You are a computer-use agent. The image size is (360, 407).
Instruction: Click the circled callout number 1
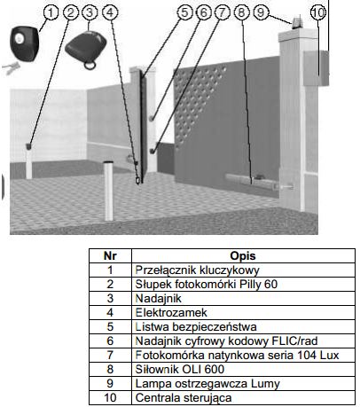tap(51, 13)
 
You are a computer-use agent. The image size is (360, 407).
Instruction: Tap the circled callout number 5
tap(184, 12)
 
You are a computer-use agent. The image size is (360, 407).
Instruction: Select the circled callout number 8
tap(241, 12)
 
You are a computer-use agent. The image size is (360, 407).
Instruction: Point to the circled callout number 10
tap(318, 12)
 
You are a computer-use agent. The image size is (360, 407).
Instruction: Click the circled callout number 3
tap(90, 12)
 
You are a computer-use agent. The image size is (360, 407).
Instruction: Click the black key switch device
tap(24, 43)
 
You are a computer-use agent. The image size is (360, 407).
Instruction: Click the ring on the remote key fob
tap(90, 65)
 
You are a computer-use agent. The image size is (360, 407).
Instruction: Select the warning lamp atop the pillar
tap(298, 23)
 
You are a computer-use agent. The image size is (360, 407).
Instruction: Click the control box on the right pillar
tap(316, 68)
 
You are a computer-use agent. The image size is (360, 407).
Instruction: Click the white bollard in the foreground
tap(108, 191)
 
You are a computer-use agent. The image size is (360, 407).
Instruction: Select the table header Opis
tap(243, 256)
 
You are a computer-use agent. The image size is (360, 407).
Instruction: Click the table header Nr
tap(110, 256)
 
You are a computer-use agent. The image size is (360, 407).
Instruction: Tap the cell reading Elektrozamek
tap(171, 313)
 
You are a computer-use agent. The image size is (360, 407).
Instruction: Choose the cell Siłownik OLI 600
tap(180, 370)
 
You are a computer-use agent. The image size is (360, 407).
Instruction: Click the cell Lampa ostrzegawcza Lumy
tap(207, 384)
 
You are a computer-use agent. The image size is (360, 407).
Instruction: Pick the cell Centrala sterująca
tap(184, 398)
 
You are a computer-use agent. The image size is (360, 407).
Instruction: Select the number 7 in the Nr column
tap(110, 356)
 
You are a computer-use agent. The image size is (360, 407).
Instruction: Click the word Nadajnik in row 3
tap(159, 299)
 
